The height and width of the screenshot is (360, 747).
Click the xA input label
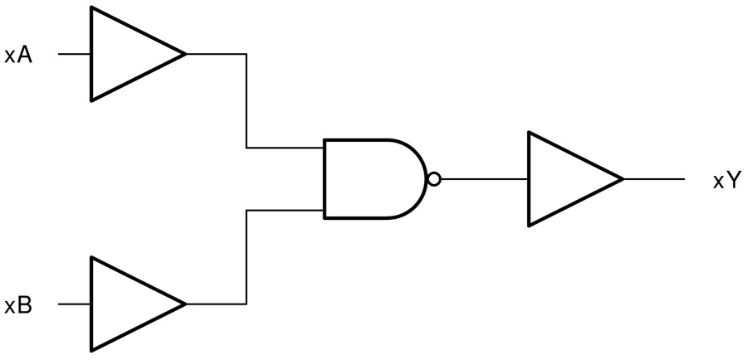18,56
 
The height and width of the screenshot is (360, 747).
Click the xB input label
18,305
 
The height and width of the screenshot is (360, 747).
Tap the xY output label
726,181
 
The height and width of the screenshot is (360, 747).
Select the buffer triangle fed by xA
129,55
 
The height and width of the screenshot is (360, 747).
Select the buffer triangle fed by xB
129,304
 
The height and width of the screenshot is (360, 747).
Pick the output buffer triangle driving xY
566,179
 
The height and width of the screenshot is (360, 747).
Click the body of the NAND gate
369,179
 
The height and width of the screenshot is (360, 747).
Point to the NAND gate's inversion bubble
433,179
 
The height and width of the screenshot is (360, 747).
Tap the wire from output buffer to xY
654,179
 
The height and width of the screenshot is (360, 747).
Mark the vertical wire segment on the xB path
247,257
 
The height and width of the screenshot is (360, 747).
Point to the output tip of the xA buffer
184,55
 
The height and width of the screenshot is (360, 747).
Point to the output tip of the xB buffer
184,304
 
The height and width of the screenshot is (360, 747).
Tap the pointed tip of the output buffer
622,179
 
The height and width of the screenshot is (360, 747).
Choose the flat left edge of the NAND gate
325,179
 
